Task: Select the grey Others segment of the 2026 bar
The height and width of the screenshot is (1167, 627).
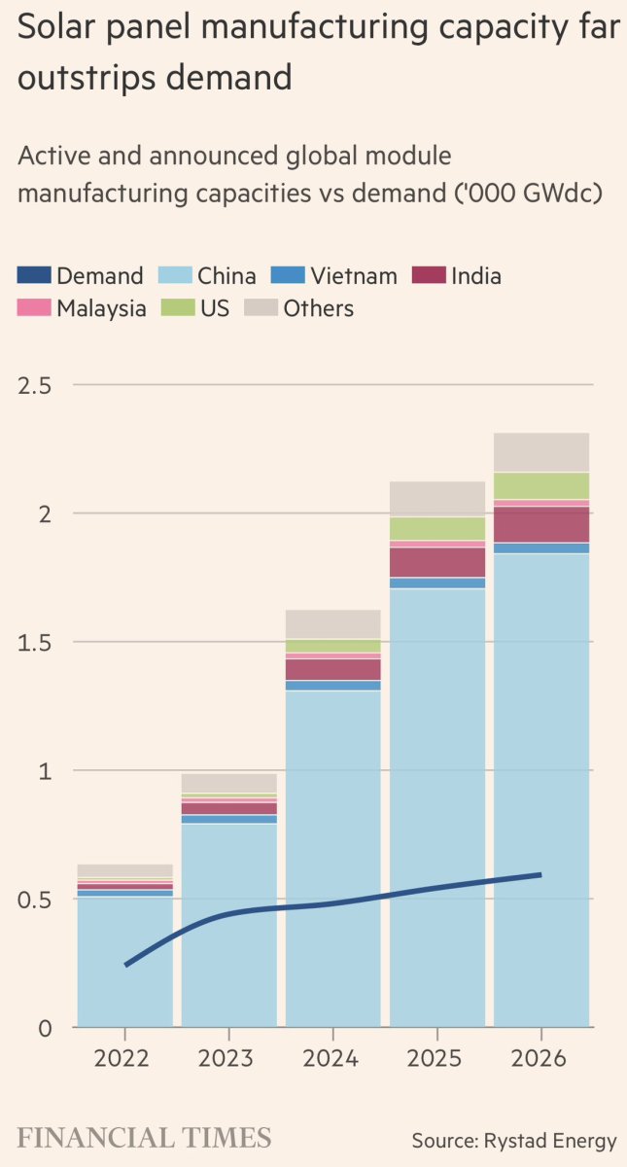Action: coord(541,452)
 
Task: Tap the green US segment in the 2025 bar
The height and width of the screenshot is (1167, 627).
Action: coord(437,528)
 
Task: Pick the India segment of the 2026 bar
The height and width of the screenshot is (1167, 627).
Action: coord(541,524)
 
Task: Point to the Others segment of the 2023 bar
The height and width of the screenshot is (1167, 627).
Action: coord(228,783)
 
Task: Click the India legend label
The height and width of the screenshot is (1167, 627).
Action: coord(475,276)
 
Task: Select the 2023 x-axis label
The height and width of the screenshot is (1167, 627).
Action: coord(228,1058)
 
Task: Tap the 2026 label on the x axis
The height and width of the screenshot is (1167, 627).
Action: coord(541,1058)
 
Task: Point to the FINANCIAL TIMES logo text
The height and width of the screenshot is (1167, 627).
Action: coord(144,1138)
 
